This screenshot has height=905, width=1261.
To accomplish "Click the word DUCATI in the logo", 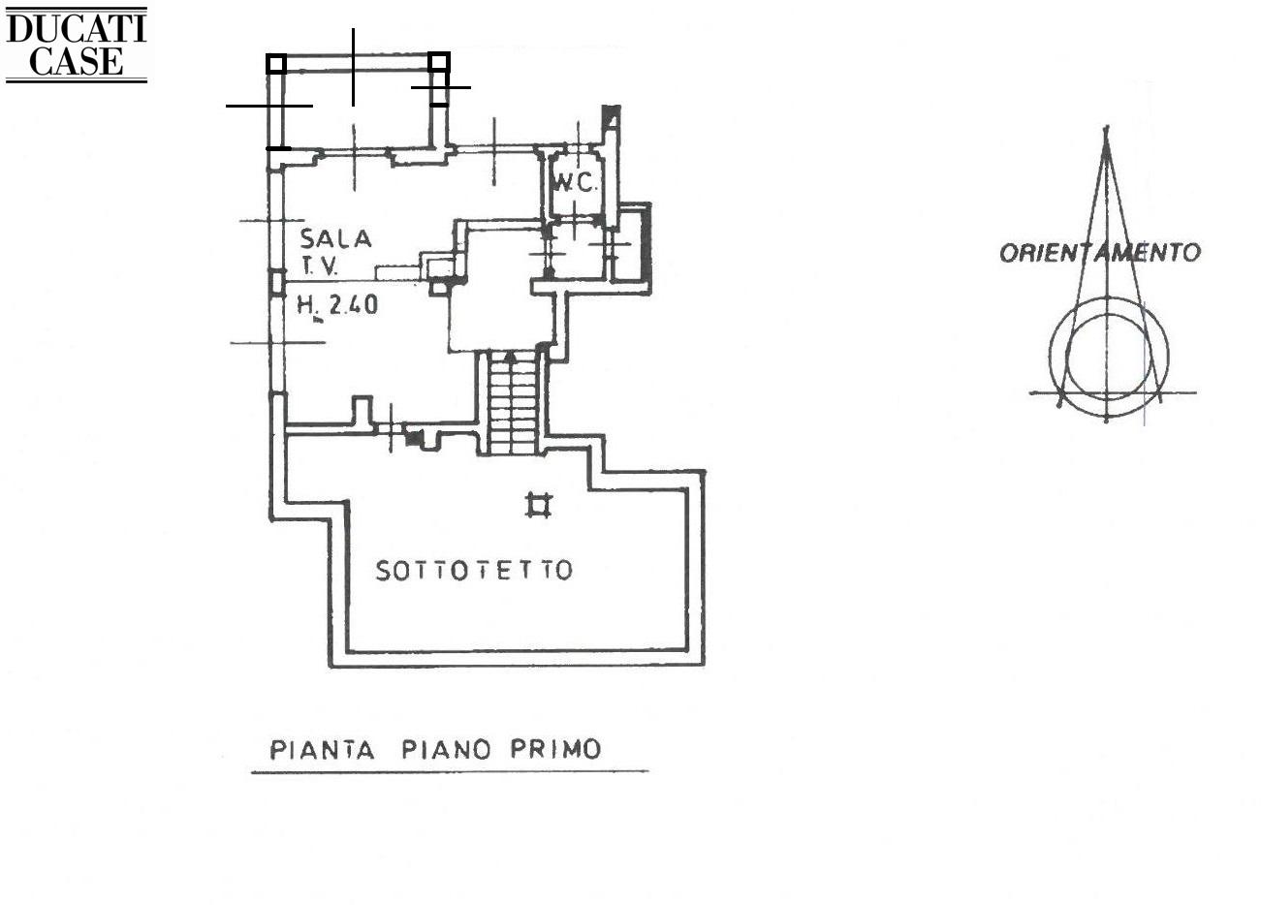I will (x=76, y=28).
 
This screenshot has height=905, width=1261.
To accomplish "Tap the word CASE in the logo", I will (x=76, y=60).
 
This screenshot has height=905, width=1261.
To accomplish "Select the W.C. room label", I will (x=576, y=182).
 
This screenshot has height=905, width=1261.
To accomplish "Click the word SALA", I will (x=335, y=238).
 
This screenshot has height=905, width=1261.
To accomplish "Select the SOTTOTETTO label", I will (x=474, y=571).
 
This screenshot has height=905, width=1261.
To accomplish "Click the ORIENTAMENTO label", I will (x=1099, y=253).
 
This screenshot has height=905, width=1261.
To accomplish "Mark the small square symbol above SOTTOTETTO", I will (x=538, y=505).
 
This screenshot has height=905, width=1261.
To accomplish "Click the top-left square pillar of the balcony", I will (x=276, y=64).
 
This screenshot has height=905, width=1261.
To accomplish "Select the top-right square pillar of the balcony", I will (x=439, y=63).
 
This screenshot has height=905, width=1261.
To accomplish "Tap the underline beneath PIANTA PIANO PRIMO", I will (x=449, y=772).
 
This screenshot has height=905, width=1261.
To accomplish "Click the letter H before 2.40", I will (x=304, y=306).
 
